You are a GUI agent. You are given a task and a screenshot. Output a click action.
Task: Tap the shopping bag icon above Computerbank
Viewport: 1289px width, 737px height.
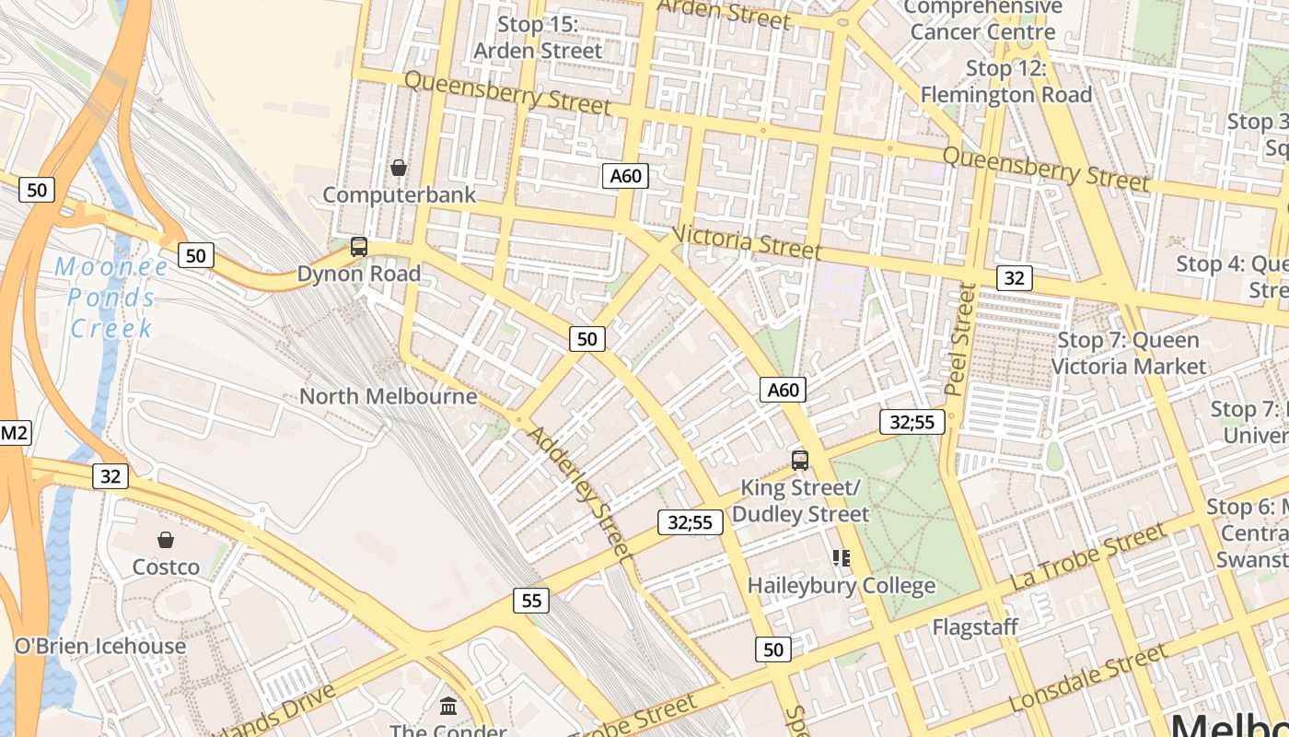coord(399,168)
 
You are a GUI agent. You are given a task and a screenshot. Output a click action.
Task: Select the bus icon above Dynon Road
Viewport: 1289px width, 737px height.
coord(359,247)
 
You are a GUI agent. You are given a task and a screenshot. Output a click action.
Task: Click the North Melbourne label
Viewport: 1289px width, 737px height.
coord(389,396)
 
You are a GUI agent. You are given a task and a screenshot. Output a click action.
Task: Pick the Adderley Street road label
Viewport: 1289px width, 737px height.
coord(580,495)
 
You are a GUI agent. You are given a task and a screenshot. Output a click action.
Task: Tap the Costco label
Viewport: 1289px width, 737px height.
coord(166,567)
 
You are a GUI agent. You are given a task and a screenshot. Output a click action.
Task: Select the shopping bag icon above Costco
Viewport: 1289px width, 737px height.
coord(166,540)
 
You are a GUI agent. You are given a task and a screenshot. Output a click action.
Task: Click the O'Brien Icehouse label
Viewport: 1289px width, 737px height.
coord(100,646)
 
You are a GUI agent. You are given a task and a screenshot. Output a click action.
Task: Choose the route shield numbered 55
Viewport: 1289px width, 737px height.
coord(531,601)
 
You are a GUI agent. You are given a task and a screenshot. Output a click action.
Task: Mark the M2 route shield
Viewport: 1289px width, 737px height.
coord(14,433)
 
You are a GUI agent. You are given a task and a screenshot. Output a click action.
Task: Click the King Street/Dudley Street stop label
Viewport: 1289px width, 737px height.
coord(800,500)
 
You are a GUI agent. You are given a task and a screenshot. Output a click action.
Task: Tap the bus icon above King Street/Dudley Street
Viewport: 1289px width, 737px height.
coord(800,460)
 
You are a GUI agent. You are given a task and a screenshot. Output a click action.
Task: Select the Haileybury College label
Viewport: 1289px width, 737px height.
coord(841,585)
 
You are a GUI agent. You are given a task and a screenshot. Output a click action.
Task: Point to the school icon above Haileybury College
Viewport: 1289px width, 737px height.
coord(841,557)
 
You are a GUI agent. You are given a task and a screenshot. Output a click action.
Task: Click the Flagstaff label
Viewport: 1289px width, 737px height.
coord(975,627)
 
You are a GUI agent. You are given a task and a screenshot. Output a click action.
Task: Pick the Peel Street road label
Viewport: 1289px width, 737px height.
coord(962,339)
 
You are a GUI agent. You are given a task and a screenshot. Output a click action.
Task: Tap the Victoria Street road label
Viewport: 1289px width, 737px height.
coord(747,241)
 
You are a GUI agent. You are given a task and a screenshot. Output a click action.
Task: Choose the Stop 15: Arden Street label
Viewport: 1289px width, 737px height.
coord(538,38)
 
